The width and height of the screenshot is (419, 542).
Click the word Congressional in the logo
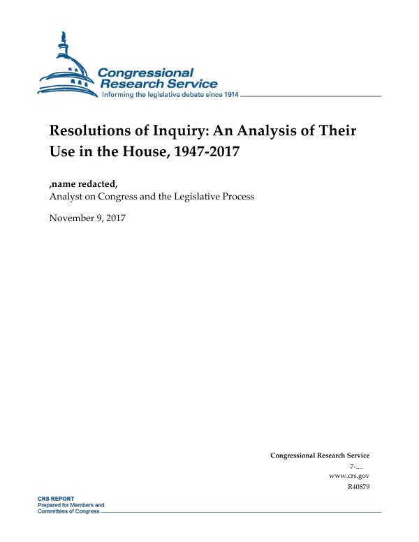(145, 73)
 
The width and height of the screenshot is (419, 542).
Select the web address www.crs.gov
(348, 475)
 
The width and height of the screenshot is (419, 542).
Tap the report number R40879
(358, 486)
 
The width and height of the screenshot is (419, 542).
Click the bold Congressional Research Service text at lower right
(320, 456)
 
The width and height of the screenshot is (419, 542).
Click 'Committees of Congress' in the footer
(68, 511)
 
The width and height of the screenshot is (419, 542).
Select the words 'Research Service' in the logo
(159, 84)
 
